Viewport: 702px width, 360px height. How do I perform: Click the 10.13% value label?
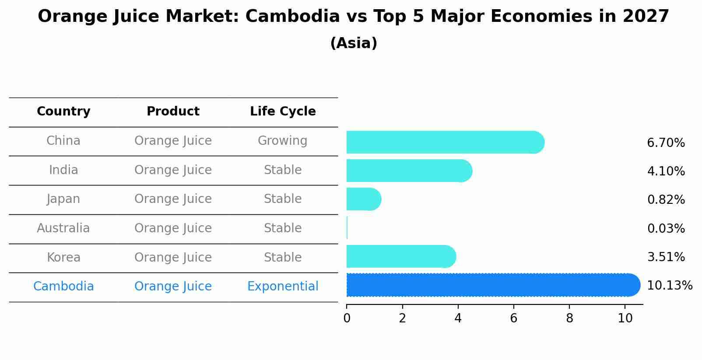[x=669, y=286]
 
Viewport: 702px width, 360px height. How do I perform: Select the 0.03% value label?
[x=666, y=228]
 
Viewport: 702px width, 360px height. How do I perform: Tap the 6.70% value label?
[x=666, y=143]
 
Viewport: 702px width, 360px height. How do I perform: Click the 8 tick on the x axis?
[x=569, y=318]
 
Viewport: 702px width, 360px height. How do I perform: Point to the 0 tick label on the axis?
[x=347, y=318]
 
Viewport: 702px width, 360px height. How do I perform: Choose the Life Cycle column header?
[x=283, y=112]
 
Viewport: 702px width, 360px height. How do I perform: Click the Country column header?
[x=63, y=112]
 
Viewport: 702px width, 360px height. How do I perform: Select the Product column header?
[x=173, y=112]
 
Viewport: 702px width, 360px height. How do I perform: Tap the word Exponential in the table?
[x=283, y=287]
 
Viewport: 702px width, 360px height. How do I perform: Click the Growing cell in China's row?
[x=282, y=141]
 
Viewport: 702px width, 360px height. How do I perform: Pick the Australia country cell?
[x=63, y=228]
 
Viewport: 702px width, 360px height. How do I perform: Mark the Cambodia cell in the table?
[x=63, y=287]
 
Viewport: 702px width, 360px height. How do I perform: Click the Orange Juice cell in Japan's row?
[x=173, y=199]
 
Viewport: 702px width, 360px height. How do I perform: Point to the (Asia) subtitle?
[x=354, y=43]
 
